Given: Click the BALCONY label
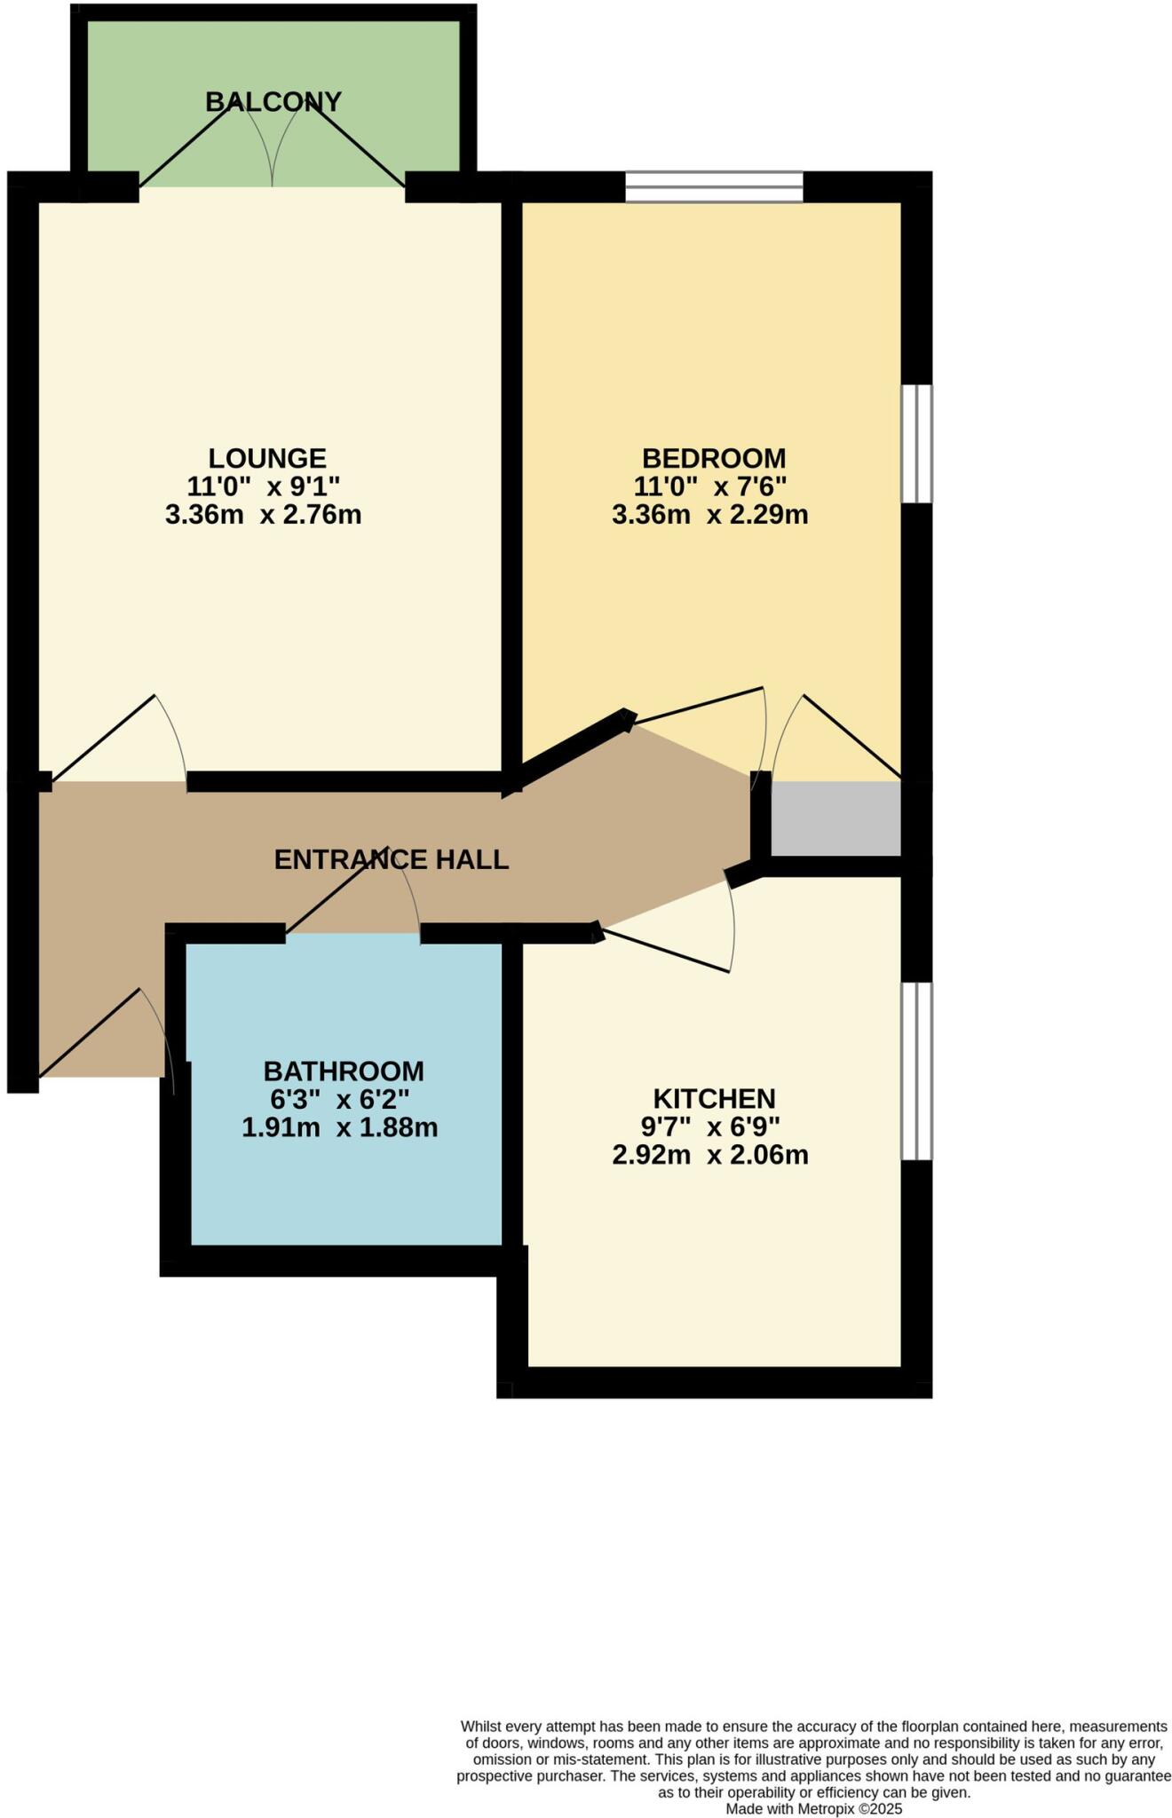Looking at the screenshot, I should (x=273, y=102).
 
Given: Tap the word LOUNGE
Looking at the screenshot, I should (x=267, y=458).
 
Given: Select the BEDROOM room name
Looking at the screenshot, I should (x=713, y=458).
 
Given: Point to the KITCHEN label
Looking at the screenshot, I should (x=714, y=1099).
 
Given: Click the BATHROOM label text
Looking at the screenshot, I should (x=343, y=1071).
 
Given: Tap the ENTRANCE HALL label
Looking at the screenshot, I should (x=391, y=859).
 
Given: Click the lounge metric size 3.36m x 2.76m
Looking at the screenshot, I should (x=263, y=515).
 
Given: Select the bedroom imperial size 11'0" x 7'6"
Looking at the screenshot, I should (x=709, y=486).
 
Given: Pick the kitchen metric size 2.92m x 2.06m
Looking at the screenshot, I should (x=709, y=1155).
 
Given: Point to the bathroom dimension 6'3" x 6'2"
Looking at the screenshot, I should (x=339, y=1099).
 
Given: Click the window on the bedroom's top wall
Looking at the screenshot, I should (x=714, y=187).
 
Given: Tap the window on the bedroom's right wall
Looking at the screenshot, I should (x=917, y=444).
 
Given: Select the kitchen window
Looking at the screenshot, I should (x=917, y=1071).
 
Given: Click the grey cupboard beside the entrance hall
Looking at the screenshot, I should (x=835, y=818).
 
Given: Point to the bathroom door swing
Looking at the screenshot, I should (x=355, y=897).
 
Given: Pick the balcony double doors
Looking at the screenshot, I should (x=272, y=142).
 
